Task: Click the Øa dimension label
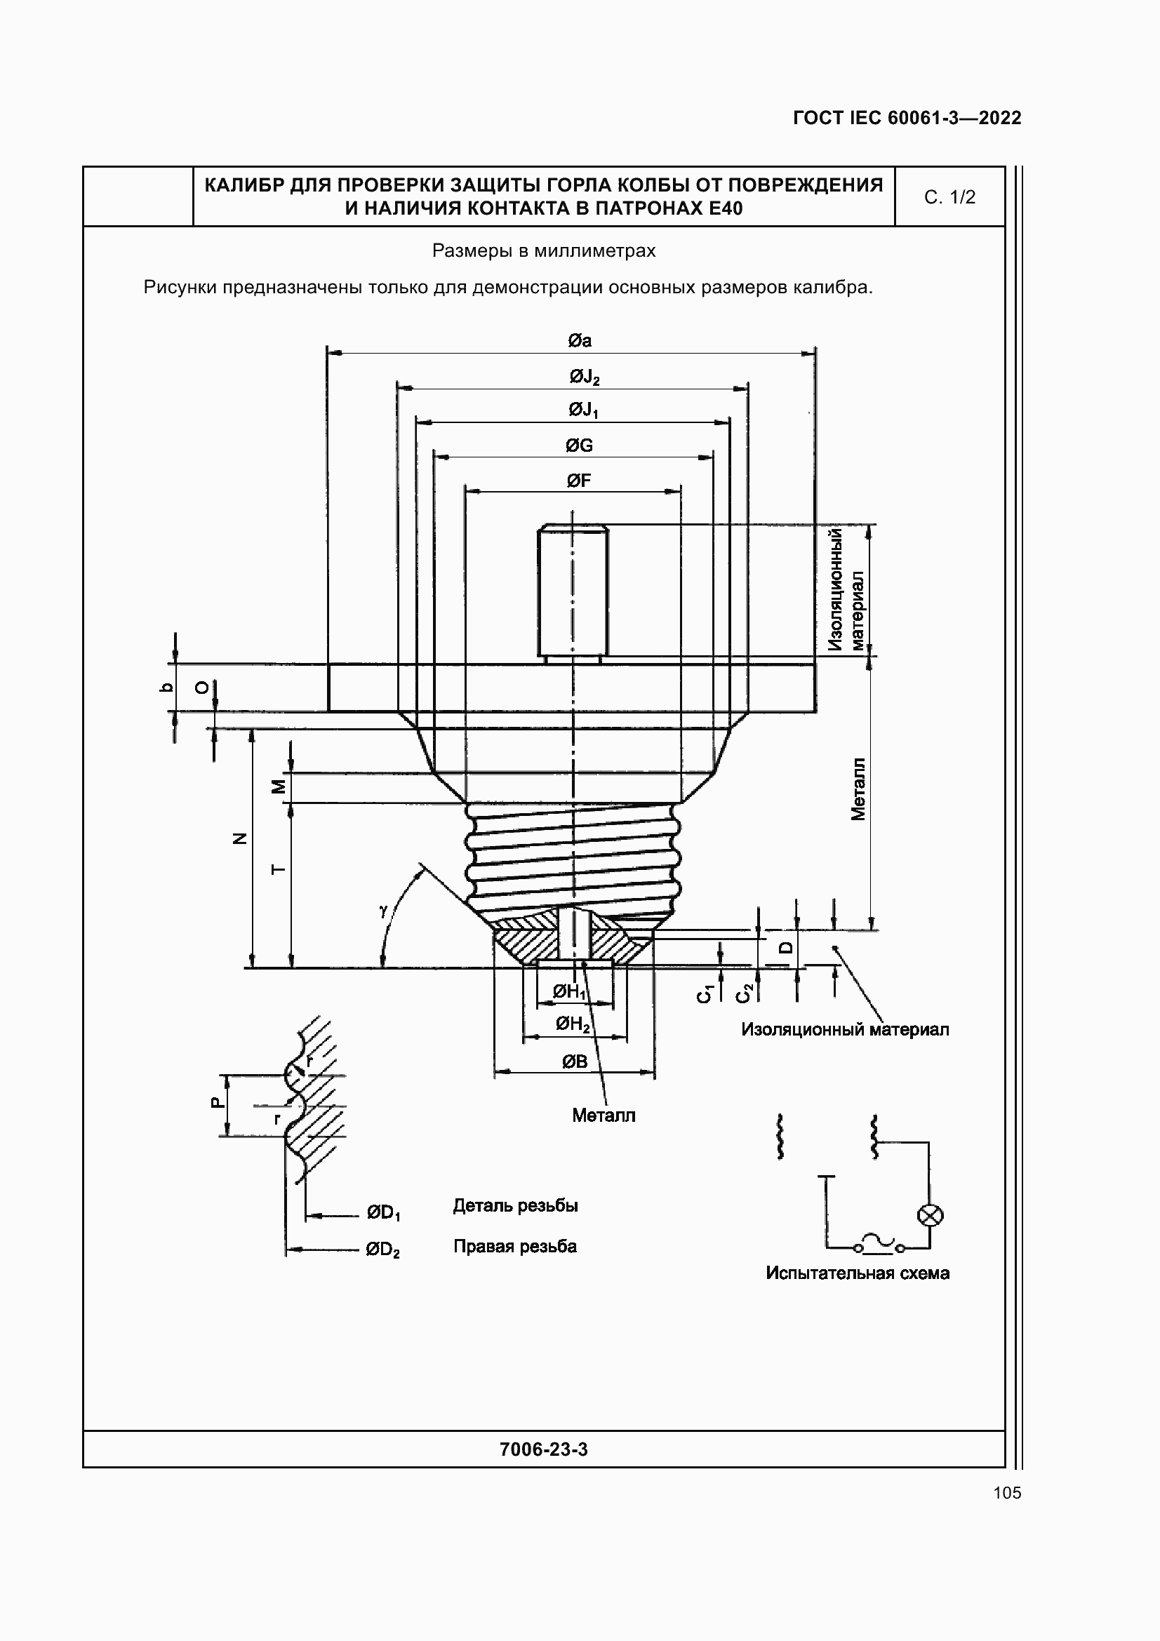[x=579, y=341]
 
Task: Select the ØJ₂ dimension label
[x=584, y=377]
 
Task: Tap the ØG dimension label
[x=579, y=446]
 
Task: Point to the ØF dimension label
[x=579, y=481]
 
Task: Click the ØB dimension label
[x=574, y=1062]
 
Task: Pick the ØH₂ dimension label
[x=573, y=1025]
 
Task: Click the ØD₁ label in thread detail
[x=383, y=1213]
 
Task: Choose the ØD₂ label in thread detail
[x=382, y=1250]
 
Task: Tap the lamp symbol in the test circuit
[x=930, y=1215]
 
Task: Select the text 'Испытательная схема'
[x=857, y=1273]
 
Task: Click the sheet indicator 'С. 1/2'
[x=949, y=197]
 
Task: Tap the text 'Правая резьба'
[x=514, y=1247]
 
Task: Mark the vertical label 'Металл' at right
[x=858, y=789]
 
